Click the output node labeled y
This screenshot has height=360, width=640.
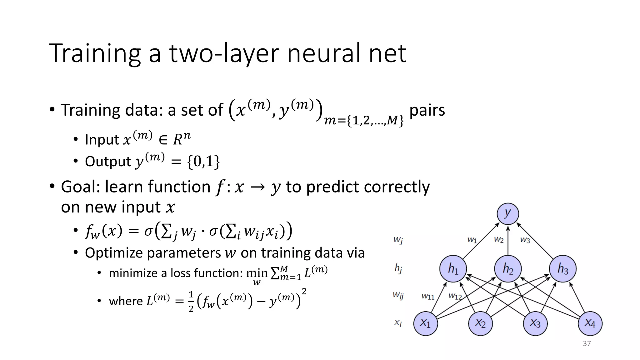pos(508,214)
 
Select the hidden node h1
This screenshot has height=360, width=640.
pos(453,268)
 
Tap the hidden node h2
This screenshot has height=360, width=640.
pos(508,268)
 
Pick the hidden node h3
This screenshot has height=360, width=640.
pos(563,268)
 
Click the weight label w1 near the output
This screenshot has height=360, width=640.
pos(472,240)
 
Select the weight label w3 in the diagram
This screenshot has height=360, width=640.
pos(525,240)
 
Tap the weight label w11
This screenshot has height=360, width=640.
pos(428,296)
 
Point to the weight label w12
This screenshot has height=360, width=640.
pos(455,296)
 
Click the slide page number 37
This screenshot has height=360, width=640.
pos(587,344)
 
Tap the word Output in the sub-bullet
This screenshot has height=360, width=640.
pos(108,162)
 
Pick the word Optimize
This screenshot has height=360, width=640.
pos(113,253)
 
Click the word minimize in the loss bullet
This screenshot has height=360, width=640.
pos(133,273)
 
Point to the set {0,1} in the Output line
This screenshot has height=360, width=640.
pos(203,162)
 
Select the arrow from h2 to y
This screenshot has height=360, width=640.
pos(508,241)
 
